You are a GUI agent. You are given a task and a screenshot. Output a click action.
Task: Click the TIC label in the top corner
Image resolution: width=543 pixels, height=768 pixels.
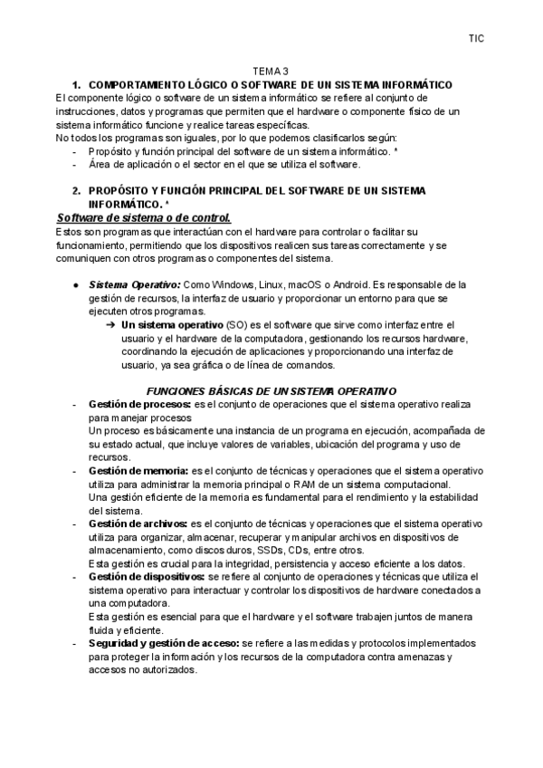coord(476,38)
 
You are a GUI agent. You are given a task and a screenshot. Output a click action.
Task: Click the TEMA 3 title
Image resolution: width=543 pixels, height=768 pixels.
coord(271,72)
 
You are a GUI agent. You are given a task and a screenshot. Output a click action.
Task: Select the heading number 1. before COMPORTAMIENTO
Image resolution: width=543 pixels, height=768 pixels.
coord(77,84)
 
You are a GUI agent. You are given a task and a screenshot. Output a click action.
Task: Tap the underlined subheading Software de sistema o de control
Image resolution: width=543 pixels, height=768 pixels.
coord(144,218)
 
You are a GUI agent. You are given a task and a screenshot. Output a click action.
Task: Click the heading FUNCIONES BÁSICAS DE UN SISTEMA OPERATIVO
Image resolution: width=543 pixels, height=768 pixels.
coord(271,390)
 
